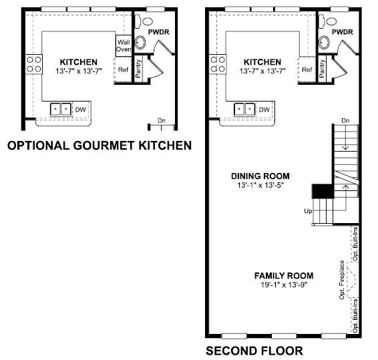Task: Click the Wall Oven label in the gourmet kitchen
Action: (124, 45)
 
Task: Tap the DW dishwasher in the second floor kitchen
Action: (264, 110)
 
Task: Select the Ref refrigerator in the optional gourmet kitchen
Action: (123, 69)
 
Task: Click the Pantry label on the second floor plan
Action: (322, 69)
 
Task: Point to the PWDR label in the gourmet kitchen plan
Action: (158, 32)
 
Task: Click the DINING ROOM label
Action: (260, 176)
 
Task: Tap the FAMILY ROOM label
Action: (284, 276)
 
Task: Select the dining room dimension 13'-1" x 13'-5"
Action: (260, 185)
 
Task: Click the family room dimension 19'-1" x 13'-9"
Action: (284, 285)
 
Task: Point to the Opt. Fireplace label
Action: (341, 280)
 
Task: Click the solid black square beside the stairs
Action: (323, 191)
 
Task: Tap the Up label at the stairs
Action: (308, 211)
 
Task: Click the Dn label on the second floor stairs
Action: (345, 120)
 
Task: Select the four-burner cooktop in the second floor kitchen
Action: (218, 64)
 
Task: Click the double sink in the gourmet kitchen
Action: (61, 110)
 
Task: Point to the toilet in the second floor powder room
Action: (328, 21)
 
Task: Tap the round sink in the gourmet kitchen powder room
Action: (140, 43)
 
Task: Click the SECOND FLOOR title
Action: (254, 351)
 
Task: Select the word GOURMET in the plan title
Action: (104, 146)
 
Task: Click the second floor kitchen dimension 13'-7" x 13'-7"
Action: (262, 71)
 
